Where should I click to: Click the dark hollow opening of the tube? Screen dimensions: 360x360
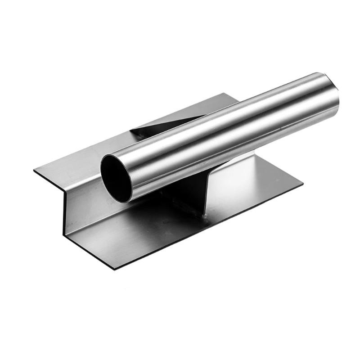(116, 176)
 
